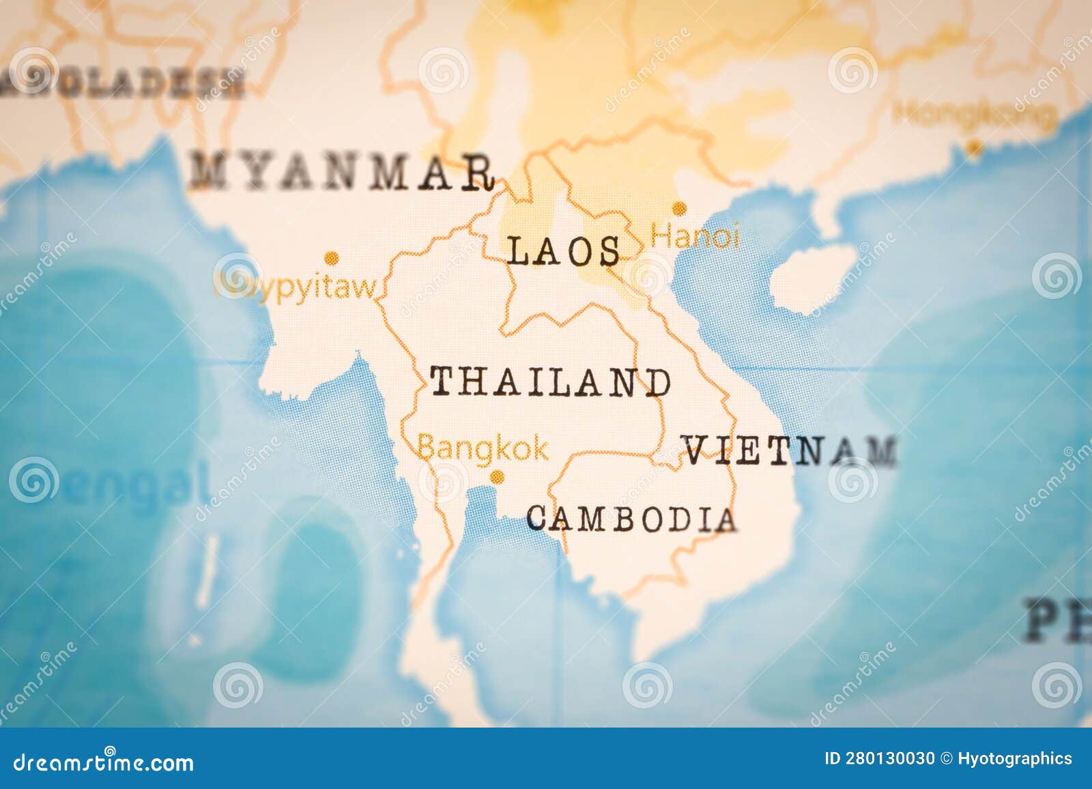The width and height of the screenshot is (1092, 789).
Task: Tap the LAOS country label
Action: tap(564, 251)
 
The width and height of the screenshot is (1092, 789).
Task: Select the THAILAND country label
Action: tap(550, 382)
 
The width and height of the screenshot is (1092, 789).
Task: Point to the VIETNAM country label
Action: tap(790, 451)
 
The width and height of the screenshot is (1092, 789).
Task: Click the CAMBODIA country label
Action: tap(631, 519)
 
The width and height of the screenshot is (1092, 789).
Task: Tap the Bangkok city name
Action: tap(483, 448)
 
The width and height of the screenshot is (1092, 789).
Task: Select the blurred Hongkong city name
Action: tap(975, 113)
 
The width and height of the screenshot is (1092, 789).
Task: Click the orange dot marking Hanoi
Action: tap(679, 208)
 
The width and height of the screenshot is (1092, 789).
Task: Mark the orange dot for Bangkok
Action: tap(498, 476)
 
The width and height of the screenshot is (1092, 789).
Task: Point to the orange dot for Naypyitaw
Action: tap(332, 258)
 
